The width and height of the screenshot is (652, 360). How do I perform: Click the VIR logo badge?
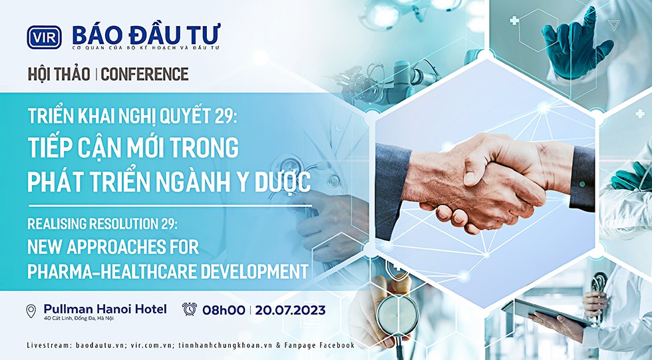[44, 37]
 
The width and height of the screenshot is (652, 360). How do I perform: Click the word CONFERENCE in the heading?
[145, 74]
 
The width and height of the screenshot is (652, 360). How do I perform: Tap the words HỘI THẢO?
[59, 74]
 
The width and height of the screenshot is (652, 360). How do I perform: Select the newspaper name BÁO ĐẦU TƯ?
[146, 34]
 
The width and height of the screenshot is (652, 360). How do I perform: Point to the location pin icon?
[31, 311]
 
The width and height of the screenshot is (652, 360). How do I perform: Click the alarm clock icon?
[190, 309]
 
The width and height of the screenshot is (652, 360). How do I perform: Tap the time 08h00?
[224, 310]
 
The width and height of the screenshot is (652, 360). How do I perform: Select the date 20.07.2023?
[290, 310]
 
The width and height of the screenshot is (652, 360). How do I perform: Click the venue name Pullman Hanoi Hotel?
[105, 309]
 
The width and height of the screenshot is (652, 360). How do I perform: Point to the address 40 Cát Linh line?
[79, 319]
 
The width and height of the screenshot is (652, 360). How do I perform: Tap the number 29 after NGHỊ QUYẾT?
[226, 117]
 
